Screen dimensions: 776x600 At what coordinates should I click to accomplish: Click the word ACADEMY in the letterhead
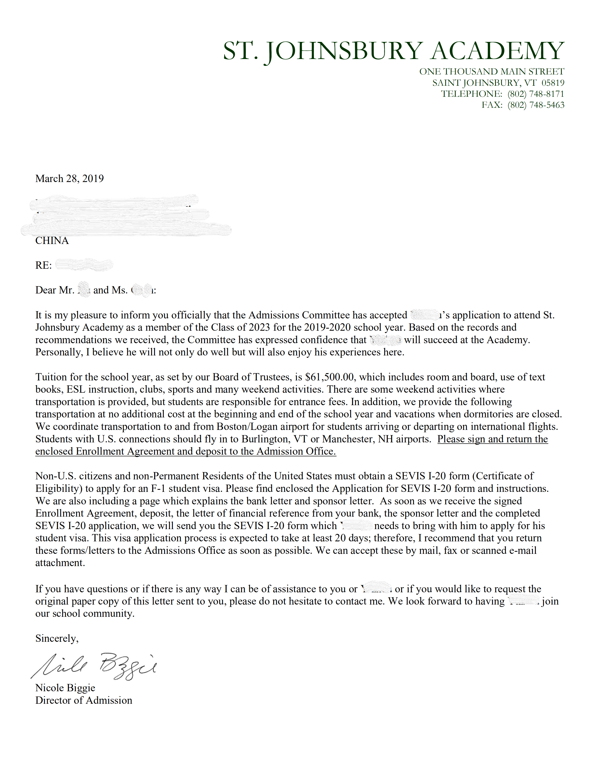(x=497, y=51)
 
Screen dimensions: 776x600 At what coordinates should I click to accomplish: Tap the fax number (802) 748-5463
(x=536, y=105)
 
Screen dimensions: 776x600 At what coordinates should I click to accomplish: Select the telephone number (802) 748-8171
(x=536, y=94)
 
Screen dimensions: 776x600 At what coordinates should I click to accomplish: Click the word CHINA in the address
(x=52, y=241)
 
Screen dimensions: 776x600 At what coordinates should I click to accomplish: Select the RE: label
(x=43, y=266)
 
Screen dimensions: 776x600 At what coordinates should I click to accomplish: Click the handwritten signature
(x=94, y=666)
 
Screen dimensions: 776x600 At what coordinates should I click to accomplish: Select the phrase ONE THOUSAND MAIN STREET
(x=492, y=72)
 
